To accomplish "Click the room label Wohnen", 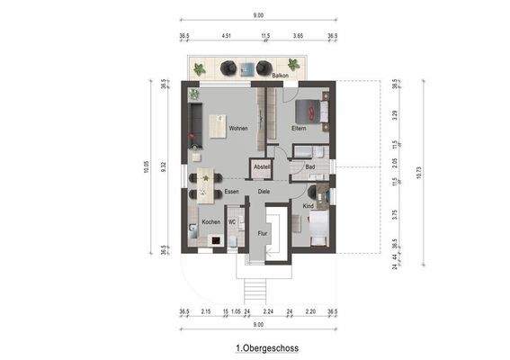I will coord(237,129).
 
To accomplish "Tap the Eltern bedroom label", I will coord(299,129).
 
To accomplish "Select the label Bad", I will coord(309,166).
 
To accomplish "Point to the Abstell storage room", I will coord(262,166).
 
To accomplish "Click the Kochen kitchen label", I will coord(210,221).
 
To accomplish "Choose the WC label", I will coord(232,221).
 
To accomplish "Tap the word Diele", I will coord(264,192).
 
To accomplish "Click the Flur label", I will coord(263,233).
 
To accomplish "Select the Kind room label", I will coord(309,207).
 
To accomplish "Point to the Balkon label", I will coord(280,76).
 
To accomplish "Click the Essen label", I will coord(232,192).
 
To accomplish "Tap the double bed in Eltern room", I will coord(317,111).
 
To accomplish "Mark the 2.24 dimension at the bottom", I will coord(268,310).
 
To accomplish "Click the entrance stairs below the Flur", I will coord(256,288).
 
